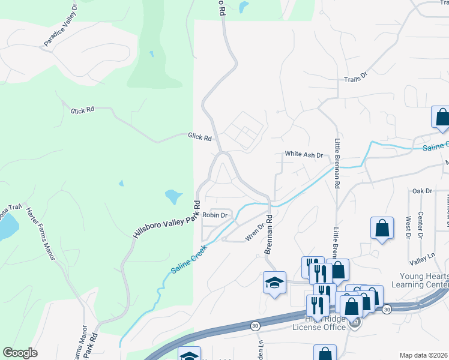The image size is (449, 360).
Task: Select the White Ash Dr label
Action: (304, 154)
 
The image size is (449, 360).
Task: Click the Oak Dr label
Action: (422, 191)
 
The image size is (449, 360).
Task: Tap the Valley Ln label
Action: (422, 256)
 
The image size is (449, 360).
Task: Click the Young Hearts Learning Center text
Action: (420, 280)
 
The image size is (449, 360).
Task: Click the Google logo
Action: (20, 353)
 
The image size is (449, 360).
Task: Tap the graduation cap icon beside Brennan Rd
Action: (274, 283)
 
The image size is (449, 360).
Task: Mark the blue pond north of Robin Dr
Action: (173, 196)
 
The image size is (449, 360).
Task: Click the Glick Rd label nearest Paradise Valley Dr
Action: (83, 110)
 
